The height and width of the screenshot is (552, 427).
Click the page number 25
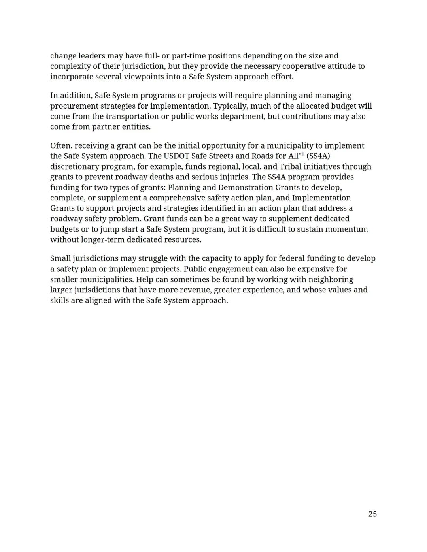point(372,514)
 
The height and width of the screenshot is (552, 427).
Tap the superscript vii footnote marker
point(302,154)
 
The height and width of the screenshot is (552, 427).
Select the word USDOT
point(176,156)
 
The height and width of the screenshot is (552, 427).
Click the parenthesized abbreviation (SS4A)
point(318,156)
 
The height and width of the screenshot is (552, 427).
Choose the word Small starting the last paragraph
point(60,258)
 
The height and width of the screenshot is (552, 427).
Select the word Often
point(60,145)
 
